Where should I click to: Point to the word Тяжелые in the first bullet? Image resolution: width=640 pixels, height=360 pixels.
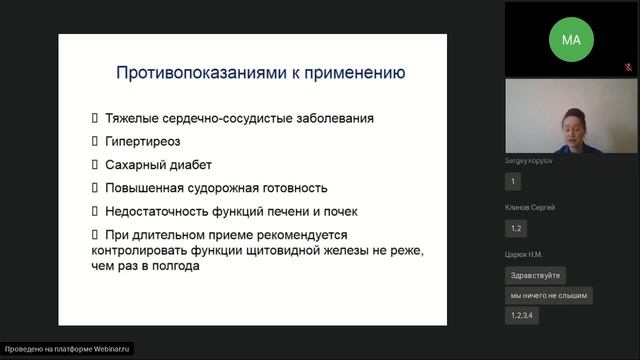[x=131, y=118]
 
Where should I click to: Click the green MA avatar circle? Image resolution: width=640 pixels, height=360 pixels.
[x=571, y=40]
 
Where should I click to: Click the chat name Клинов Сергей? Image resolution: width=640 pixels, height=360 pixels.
[x=531, y=207]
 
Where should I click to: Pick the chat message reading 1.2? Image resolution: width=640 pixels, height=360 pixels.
[x=517, y=228]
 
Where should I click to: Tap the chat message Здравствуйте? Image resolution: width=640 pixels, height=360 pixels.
[x=537, y=275]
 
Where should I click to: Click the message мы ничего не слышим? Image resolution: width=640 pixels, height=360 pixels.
[x=549, y=295]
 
